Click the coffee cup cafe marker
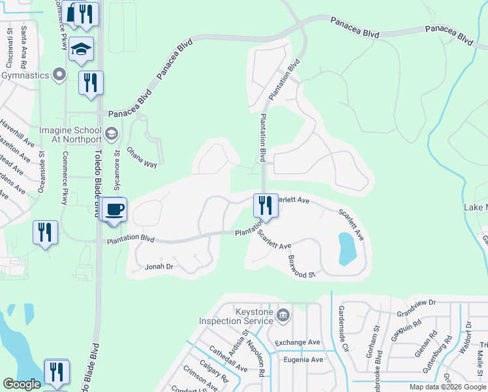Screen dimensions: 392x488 pyautogui.click(x=115, y=210)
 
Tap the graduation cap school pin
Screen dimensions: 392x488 pyautogui.click(x=81, y=50)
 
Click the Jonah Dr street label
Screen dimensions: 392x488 pyautogui.click(x=159, y=267)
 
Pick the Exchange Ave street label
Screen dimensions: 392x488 pyautogui.click(x=297, y=342)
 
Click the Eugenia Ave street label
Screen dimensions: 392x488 pyautogui.click(x=299, y=359)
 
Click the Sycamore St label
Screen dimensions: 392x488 pyautogui.click(x=118, y=171)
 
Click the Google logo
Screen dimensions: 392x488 pyautogui.click(x=22, y=384)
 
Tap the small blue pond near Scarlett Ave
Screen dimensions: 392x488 pyautogui.click(x=346, y=248)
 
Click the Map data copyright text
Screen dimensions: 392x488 pyautogui.click(x=447, y=387)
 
